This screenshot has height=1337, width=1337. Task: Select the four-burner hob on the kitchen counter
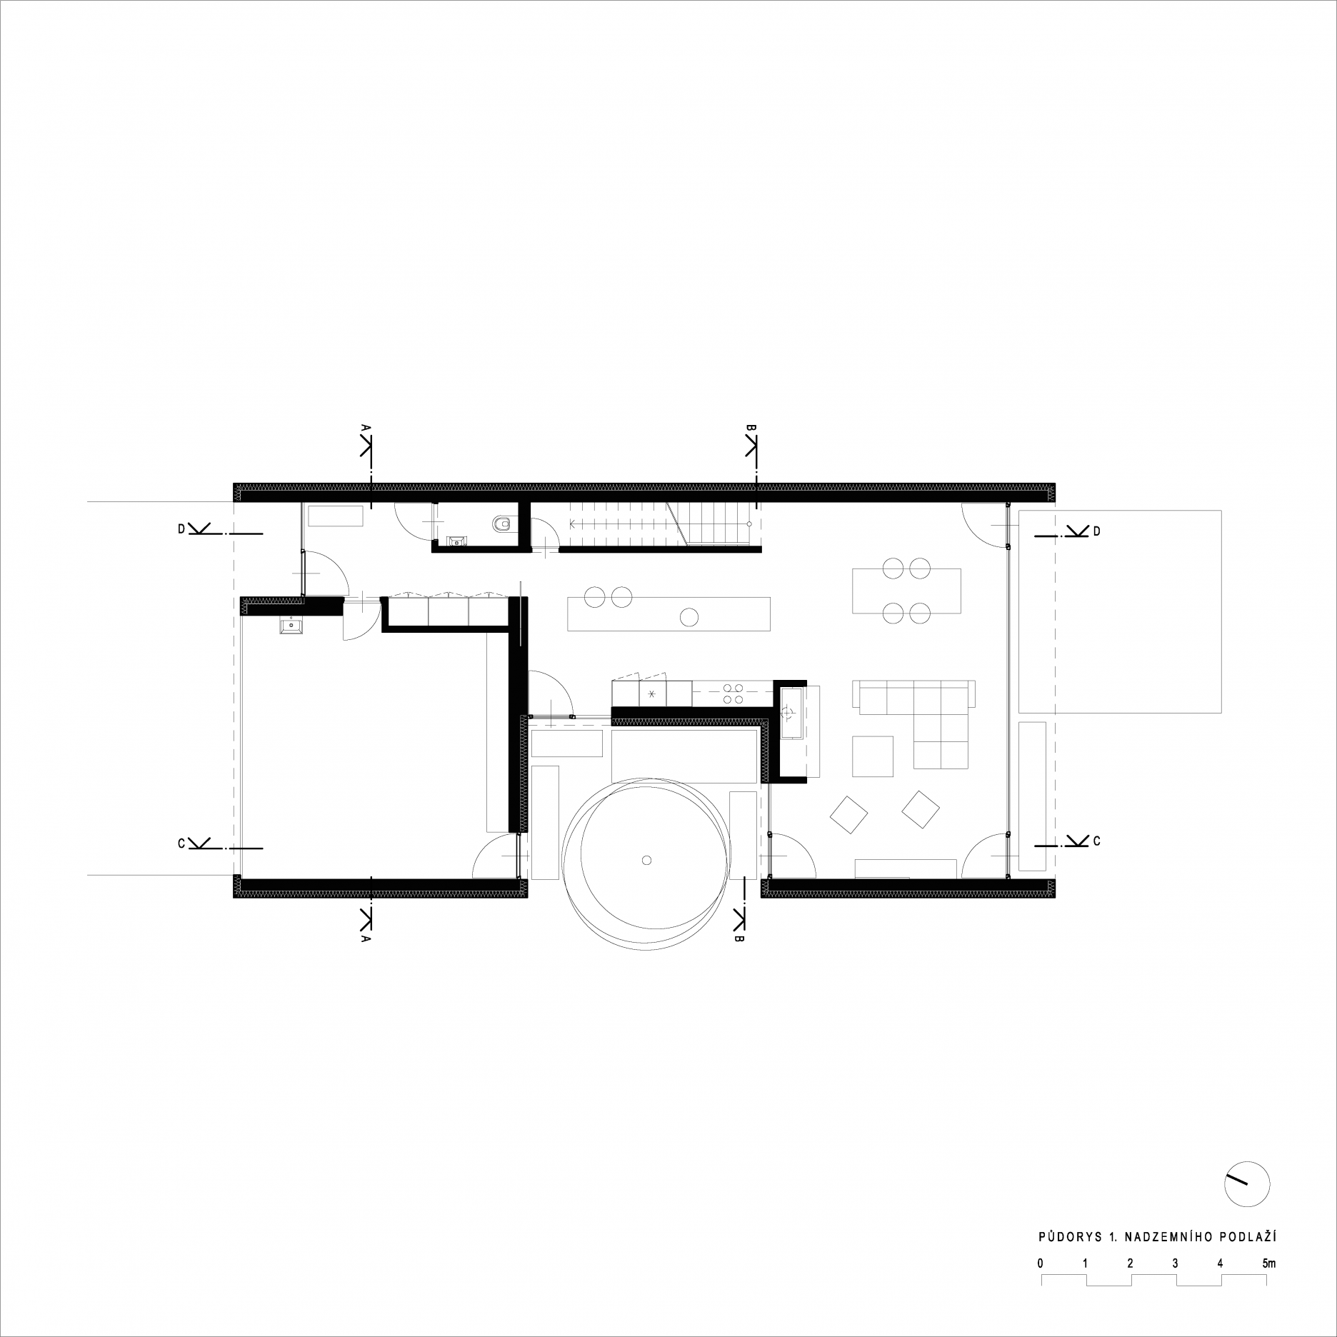[732, 694]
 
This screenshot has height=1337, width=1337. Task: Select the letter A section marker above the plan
[365, 427]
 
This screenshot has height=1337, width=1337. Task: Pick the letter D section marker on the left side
[182, 529]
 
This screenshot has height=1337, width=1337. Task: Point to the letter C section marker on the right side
[1096, 842]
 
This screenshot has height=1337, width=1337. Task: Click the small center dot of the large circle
[646, 860]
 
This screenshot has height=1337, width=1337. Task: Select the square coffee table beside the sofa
[873, 756]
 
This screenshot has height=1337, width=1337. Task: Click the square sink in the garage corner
[291, 626]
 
